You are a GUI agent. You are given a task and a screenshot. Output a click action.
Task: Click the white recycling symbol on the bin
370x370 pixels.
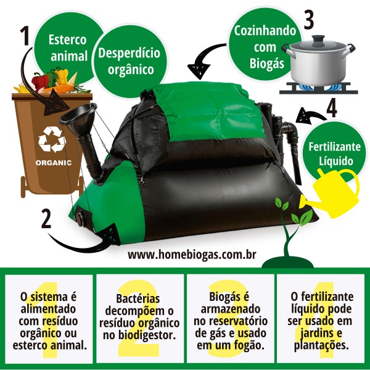coord(52,139)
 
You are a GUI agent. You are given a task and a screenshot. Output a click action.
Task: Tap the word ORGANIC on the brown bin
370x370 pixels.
coord(54,163)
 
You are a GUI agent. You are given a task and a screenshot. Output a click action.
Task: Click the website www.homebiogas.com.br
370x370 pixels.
coord(192,255)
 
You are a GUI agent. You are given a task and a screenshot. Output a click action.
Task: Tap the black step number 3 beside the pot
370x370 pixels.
coord(309,20)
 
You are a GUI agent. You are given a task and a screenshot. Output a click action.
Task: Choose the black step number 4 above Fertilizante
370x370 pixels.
coord(332,109)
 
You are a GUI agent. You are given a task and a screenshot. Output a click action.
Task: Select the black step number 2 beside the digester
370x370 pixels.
coord(46,219)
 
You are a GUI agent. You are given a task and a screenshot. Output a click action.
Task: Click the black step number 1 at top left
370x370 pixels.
coord(25,35)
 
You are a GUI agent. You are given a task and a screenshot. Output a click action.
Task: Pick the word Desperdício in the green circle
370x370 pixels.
coord(129,53)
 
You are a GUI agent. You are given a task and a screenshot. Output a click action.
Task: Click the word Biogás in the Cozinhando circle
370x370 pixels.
coord(267,64)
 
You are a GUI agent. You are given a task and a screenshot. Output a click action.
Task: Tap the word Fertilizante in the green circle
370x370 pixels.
coord(335,147)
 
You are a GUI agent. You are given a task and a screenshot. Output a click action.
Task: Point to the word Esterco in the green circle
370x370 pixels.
coord(67,39)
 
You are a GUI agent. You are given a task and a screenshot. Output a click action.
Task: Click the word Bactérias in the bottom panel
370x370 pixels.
coord(138,298)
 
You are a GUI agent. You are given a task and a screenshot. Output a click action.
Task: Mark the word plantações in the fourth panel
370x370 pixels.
coord(321,345)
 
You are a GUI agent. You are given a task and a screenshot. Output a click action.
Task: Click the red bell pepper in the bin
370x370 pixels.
coord(39,81)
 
